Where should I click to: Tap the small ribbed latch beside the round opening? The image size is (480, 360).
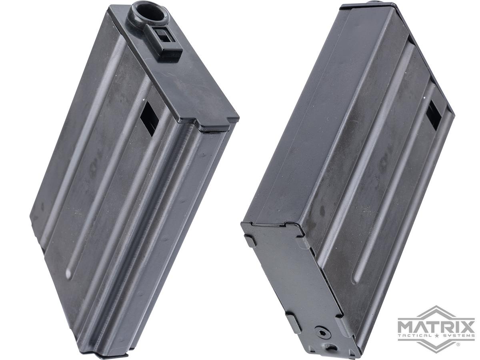(164, 38)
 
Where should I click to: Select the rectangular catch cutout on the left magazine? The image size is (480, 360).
(151, 118)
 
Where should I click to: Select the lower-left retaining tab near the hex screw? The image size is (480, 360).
(291, 323)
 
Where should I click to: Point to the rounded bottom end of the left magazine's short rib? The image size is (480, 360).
(69, 274)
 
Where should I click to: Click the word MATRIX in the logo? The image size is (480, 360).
(436, 325)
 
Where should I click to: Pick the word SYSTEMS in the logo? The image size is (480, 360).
(456, 335)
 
